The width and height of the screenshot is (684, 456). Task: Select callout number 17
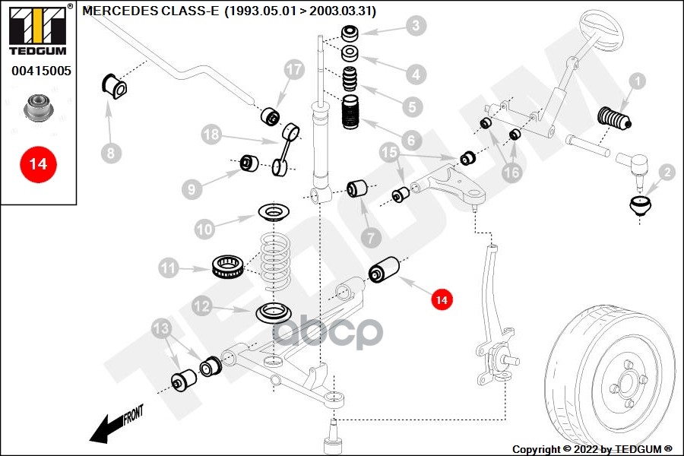click(x=294, y=69)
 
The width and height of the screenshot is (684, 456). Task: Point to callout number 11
click(x=168, y=268)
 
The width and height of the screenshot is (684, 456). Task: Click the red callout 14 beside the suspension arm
click(x=441, y=300)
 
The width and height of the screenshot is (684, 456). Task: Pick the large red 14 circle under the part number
click(x=38, y=163)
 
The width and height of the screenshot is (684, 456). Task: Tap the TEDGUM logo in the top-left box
click(x=38, y=30)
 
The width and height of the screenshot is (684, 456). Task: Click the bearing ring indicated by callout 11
click(x=227, y=266)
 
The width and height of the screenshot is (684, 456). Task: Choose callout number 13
click(x=161, y=328)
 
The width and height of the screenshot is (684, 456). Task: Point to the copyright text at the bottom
click(x=593, y=449)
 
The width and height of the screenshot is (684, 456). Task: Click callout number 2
click(x=667, y=173)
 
